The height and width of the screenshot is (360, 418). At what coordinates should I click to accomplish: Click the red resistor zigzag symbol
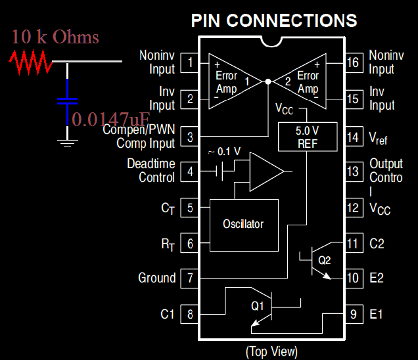coord(30,62)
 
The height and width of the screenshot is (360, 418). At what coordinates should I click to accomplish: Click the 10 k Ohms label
coord(55,37)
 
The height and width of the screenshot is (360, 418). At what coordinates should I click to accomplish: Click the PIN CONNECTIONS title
coord(274,20)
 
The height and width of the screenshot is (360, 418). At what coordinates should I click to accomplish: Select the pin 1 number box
coord(190,63)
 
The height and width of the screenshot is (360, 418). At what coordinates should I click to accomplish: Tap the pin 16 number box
coord(354,63)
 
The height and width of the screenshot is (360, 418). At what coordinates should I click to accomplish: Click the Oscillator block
coord(243,224)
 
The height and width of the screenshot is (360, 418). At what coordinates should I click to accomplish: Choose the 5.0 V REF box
coord(308,137)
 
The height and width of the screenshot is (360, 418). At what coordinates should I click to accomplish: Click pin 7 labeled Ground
coord(190,278)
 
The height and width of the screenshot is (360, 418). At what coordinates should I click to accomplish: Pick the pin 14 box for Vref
coord(354,137)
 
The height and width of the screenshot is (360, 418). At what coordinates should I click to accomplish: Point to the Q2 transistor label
coord(325,260)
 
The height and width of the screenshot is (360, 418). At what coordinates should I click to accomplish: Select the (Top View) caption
coord(271,351)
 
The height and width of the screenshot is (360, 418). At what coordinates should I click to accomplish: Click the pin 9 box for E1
coord(354,314)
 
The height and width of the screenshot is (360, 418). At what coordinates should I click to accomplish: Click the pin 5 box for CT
coord(190,208)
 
